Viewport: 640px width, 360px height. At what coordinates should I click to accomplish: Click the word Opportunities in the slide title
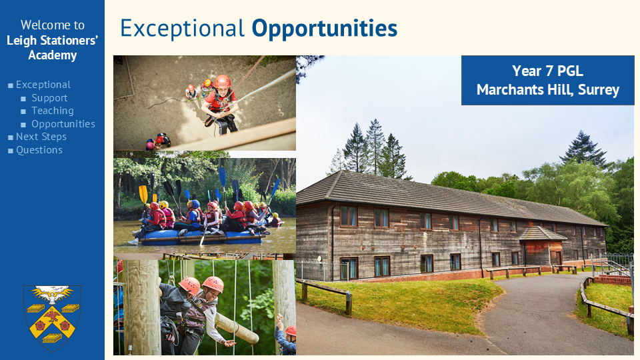coord(325,29)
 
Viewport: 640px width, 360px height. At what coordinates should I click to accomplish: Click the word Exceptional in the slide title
coord(183,29)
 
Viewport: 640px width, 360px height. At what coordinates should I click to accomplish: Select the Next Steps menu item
coord(41,137)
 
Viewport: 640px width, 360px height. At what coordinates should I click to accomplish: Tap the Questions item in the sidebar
coord(39,150)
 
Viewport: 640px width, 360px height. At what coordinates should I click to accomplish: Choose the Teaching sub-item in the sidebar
coord(52,111)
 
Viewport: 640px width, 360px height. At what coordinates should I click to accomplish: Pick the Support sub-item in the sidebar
coord(49,98)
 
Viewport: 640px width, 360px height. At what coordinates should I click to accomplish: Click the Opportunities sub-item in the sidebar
coord(63,124)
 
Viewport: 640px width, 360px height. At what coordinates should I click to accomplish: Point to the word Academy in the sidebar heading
coord(52,55)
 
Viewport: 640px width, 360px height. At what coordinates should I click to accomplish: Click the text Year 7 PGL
coord(547,71)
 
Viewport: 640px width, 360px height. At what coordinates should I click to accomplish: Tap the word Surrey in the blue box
coord(599,90)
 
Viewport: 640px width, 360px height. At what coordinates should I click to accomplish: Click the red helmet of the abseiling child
coord(222,81)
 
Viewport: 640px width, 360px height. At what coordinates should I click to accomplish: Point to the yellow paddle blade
coord(143,194)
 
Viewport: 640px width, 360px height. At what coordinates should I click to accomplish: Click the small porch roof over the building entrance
coord(543,234)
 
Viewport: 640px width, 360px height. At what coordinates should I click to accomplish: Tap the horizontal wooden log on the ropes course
coord(236,328)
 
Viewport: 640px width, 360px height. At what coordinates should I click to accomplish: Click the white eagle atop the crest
coord(53,294)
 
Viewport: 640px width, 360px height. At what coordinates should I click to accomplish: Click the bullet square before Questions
coord(11,151)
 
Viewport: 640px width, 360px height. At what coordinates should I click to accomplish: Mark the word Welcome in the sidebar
coord(41,25)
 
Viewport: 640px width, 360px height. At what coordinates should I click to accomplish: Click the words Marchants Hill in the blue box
coord(525,90)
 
